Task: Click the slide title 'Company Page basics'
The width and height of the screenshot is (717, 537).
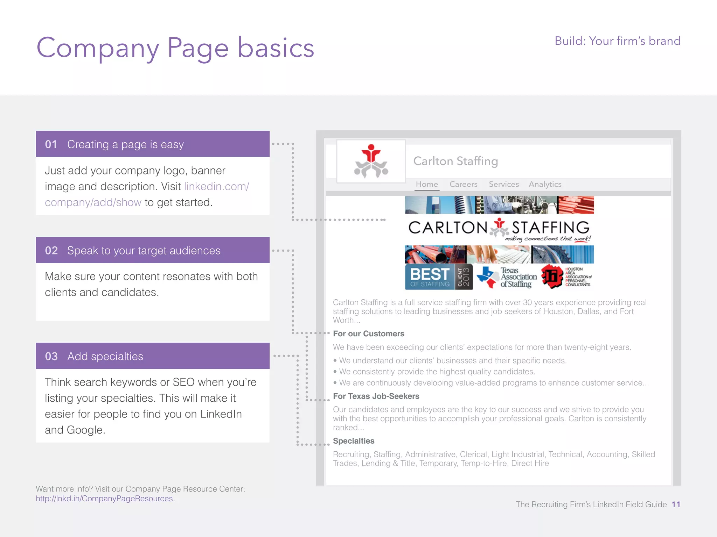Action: click(x=175, y=48)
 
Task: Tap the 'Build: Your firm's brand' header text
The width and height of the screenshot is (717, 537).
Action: click(x=617, y=41)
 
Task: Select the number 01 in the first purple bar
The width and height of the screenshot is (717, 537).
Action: click(x=51, y=144)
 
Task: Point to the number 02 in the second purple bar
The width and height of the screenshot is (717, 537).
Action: click(x=51, y=251)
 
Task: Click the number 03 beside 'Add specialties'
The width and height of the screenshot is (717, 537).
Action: click(x=51, y=357)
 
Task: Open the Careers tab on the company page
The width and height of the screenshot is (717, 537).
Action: click(x=463, y=184)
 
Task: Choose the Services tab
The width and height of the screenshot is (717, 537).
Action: click(x=504, y=184)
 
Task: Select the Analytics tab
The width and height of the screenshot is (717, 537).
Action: click(x=545, y=184)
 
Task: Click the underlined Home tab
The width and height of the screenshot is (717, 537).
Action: click(x=427, y=184)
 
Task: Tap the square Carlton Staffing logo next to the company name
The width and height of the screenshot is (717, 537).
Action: click(x=371, y=162)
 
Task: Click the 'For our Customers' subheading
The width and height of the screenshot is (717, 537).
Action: click(x=368, y=334)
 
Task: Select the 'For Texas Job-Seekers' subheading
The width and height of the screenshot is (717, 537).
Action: click(x=376, y=396)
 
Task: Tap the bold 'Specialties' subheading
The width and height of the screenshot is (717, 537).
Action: click(x=354, y=441)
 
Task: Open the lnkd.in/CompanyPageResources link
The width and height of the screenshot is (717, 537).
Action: click(x=105, y=499)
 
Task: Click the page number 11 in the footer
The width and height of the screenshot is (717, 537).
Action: click(x=676, y=504)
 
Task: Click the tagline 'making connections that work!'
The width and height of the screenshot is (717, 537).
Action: click(x=548, y=239)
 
